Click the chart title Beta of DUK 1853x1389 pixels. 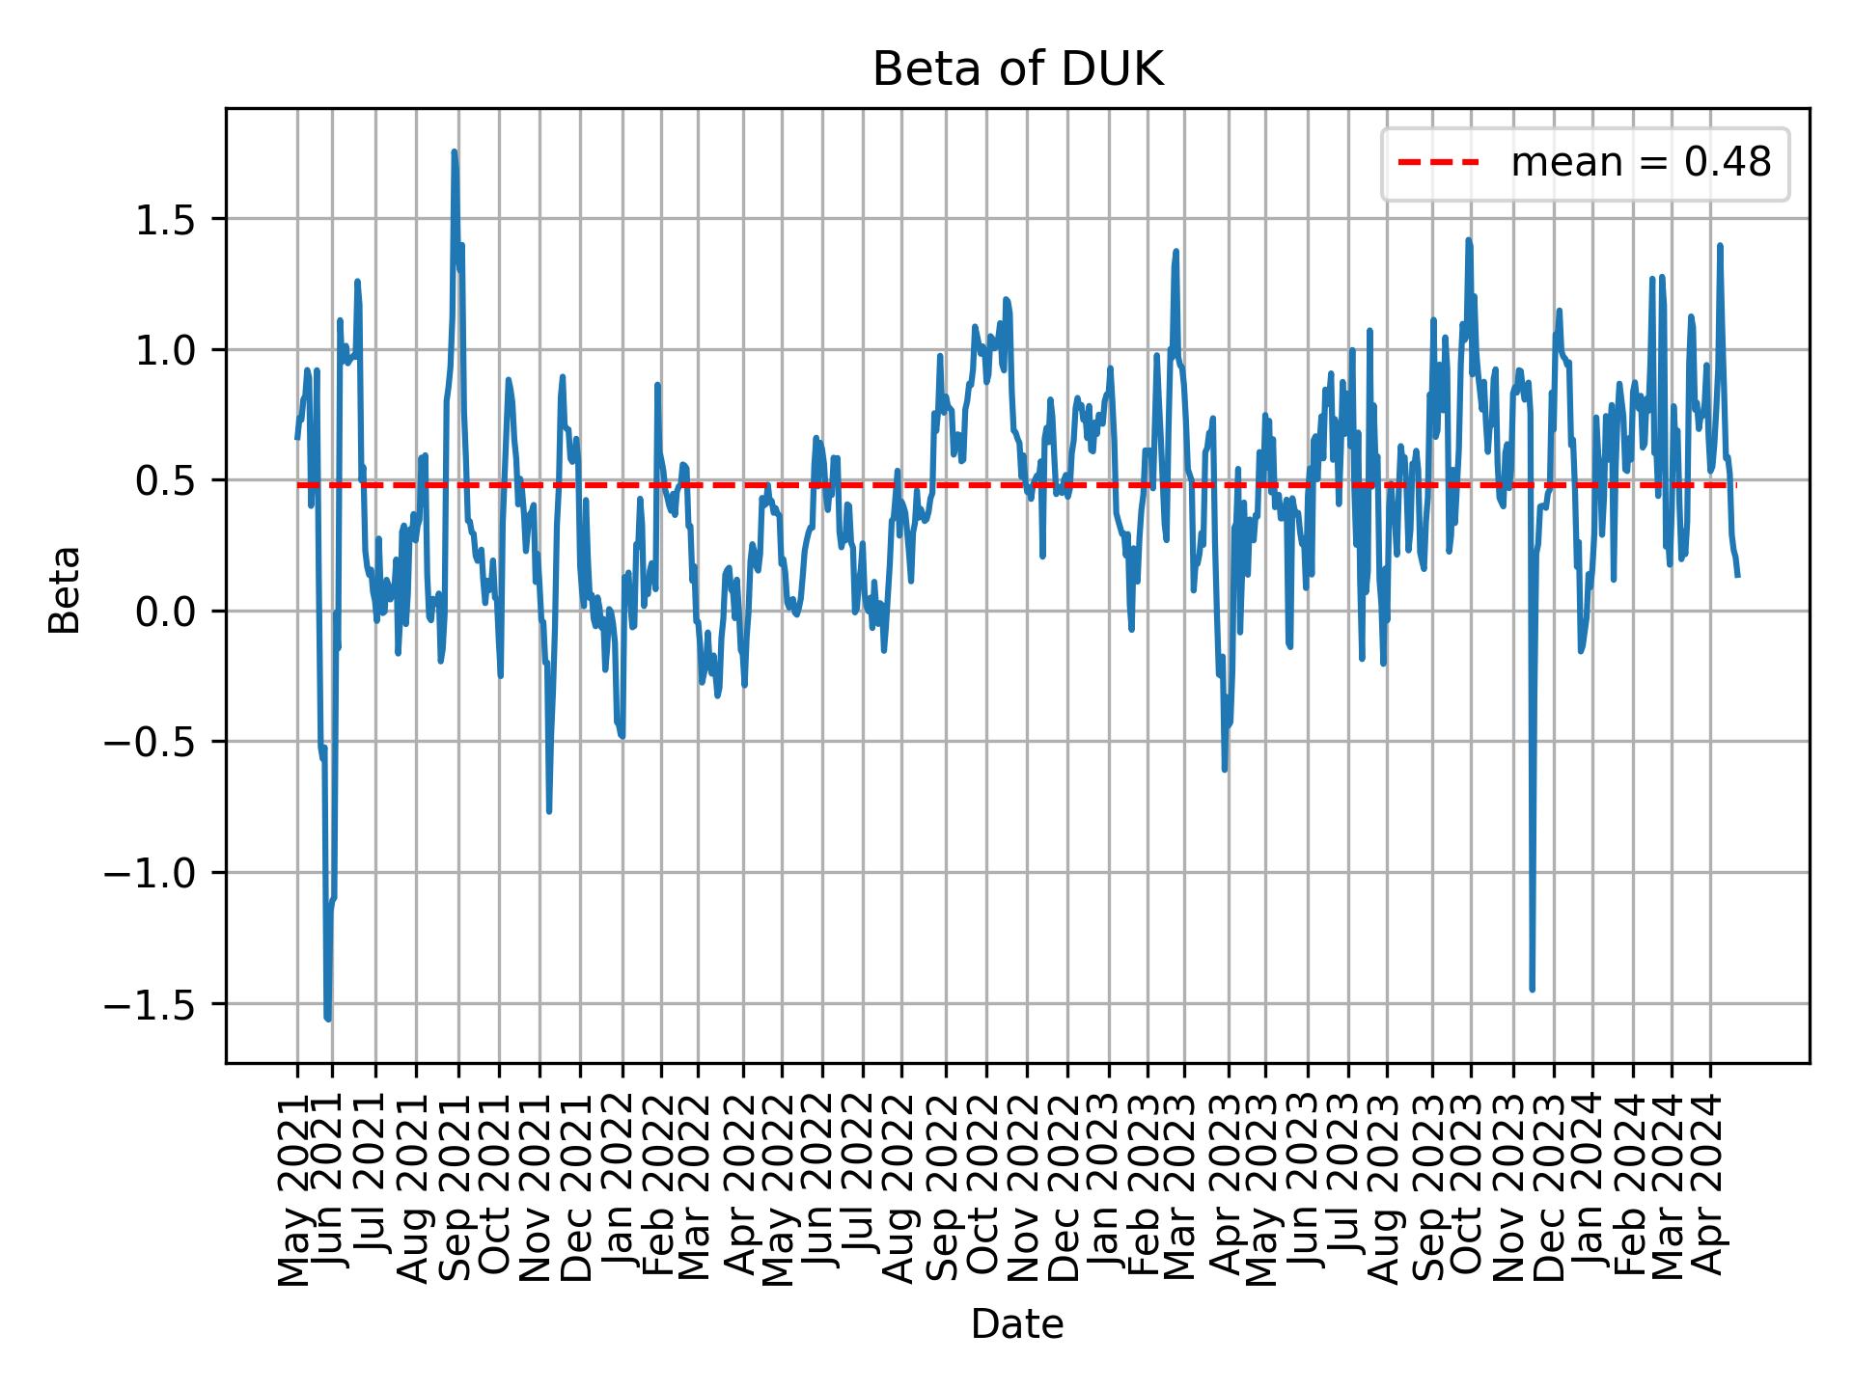click(x=1017, y=70)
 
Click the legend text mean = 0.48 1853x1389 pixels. click(x=1641, y=163)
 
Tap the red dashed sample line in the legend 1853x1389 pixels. click(x=1438, y=163)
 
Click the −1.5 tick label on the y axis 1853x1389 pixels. click(x=164, y=1004)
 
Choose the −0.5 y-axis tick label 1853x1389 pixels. click(x=164, y=743)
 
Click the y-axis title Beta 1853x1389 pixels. click(x=65, y=589)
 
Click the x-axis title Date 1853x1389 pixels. click(x=1017, y=1324)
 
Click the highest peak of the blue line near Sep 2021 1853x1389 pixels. click(x=454, y=152)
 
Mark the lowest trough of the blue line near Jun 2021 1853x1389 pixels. click(x=328, y=1019)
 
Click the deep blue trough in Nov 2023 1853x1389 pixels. click(x=1532, y=989)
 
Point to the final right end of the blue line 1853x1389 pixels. click(x=1737, y=576)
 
